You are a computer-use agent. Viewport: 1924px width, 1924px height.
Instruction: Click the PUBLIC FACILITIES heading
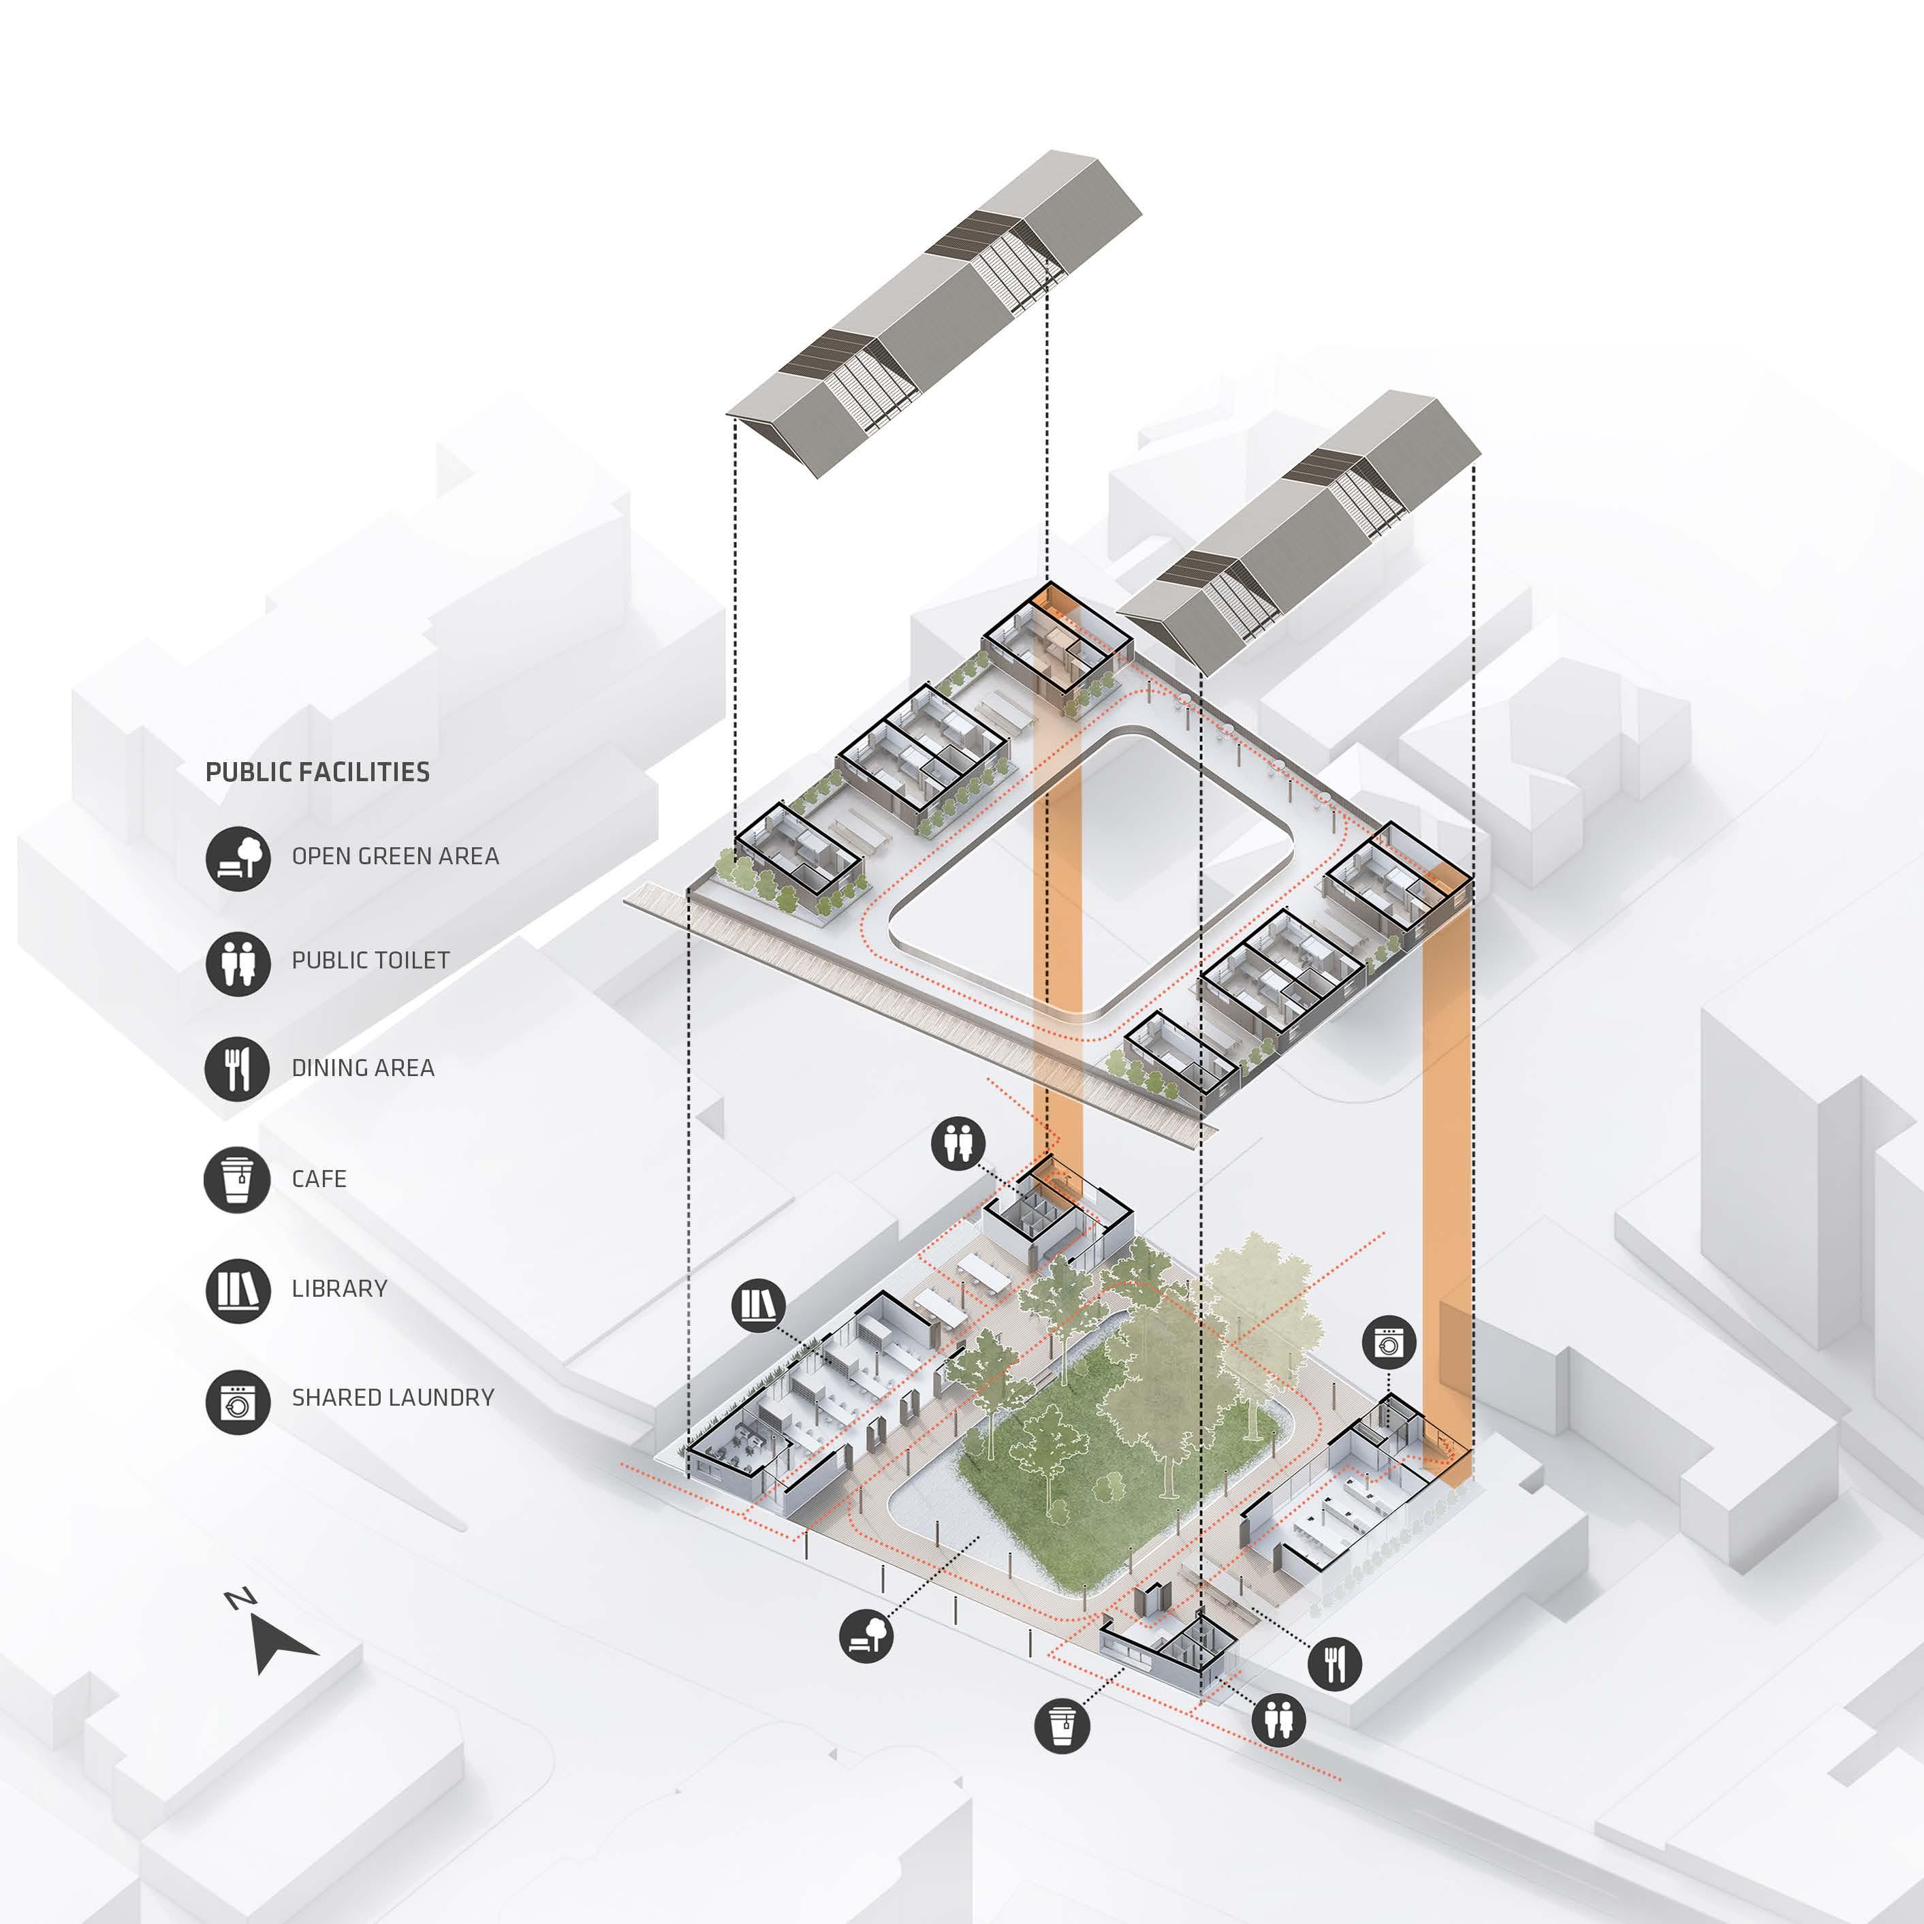coord(317,772)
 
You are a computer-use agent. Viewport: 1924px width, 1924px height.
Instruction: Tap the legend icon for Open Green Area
coord(238,857)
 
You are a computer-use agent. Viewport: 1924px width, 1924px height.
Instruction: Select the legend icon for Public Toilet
coord(238,962)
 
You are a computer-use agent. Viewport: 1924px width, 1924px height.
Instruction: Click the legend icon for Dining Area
coord(237,1069)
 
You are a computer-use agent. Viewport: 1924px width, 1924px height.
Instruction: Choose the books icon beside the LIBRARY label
coord(238,1290)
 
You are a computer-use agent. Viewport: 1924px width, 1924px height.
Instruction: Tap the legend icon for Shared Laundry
coord(238,1401)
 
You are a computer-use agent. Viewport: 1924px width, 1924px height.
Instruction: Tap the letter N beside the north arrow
coord(240,1598)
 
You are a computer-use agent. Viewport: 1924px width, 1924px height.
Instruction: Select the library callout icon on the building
coord(758,1305)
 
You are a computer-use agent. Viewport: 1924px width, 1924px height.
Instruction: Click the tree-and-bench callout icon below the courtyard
coord(866,1635)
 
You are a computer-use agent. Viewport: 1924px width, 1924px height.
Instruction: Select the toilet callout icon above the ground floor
coord(958,1144)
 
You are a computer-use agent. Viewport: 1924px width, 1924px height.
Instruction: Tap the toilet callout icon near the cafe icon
coord(1278,1719)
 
